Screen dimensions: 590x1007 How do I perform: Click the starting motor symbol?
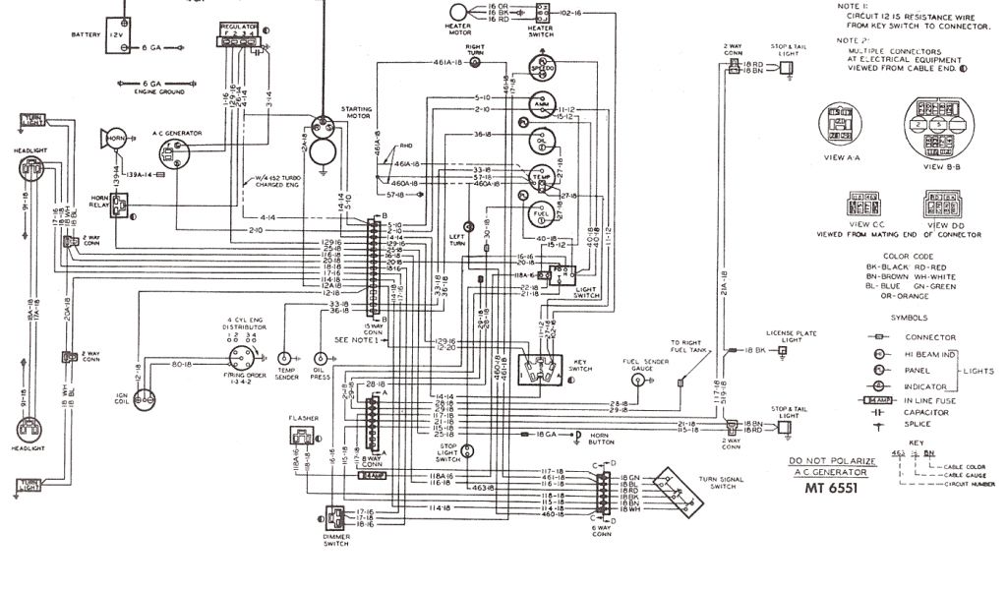click(x=321, y=128)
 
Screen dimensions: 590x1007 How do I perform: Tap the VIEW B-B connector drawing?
click(x=933, y=128)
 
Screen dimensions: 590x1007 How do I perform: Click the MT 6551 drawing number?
click(x=831, y=487)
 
